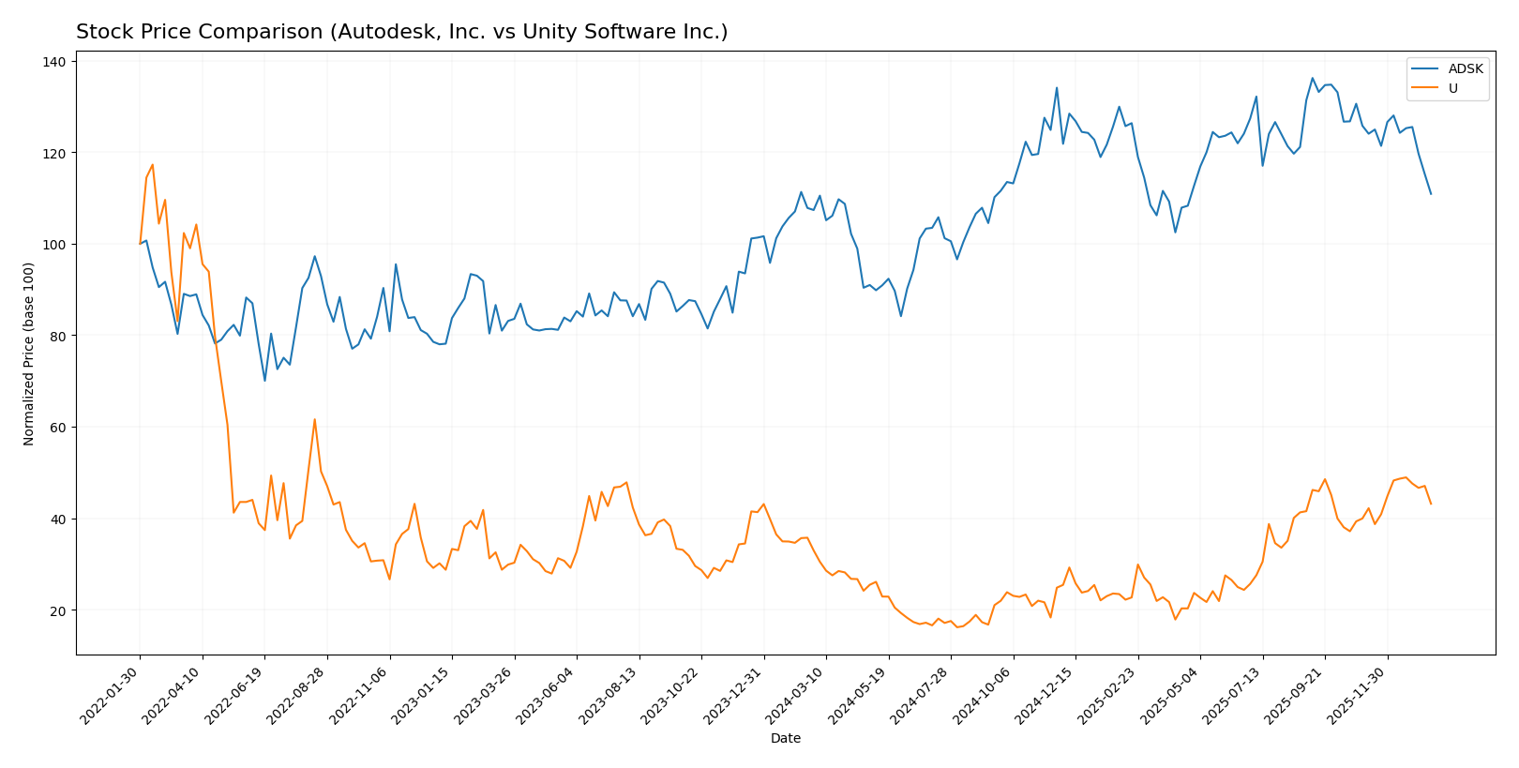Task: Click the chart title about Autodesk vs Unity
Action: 401,32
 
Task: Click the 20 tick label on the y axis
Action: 58,610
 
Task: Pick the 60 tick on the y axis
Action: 58,428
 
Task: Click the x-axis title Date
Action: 785,738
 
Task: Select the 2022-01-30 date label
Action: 112,695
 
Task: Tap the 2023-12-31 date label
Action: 735,695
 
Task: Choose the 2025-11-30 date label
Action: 1359,695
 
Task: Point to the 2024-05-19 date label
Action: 860,695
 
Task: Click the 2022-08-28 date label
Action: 298,695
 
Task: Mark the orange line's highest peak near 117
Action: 152,165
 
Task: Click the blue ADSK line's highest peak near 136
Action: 1312,78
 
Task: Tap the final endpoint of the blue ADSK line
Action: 1431,194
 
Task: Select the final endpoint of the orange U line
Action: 1431,504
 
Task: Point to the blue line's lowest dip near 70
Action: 264,381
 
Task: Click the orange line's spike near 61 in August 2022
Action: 314,419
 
